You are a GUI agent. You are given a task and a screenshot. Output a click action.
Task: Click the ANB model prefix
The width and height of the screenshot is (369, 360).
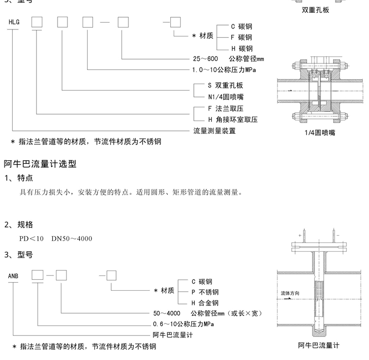pyautogui.click(x=13, y=276)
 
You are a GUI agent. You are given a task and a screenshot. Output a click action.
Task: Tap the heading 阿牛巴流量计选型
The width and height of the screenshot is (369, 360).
pyautogui.click(x=40, y=163)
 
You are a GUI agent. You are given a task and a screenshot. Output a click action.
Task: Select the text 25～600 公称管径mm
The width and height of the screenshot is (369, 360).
pyautogui.click(x=228, y=59)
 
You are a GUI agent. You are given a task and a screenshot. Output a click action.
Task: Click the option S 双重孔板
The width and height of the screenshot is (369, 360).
pyautogui.click(x=226, y=86)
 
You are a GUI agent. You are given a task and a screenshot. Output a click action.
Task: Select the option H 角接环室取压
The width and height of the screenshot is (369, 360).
pyautogui.click(x=233, y=120)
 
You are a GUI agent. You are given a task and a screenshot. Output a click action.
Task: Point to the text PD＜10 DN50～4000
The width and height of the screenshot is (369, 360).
pyautogui.click(x=56, y=239)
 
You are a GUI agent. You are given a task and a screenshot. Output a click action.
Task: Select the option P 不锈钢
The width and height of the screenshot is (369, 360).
pyautogui.click(x=205, y=292)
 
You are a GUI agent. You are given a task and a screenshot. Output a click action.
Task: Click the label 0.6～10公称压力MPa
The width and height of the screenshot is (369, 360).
pyautogui.click(x=184, y=324)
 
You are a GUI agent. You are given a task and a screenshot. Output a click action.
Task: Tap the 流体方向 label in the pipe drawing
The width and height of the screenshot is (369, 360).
pyautogui.click(x=290, y=293)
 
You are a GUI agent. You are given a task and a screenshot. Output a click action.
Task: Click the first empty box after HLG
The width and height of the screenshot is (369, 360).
pyautogui.click(x=37, y=22)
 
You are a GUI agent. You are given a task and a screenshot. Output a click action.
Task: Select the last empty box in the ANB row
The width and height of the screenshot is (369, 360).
pyautogui.click(x=111, y=275)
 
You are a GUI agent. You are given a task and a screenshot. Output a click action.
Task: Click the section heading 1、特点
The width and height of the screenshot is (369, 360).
pyautogui.click(x=19, y=178)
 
